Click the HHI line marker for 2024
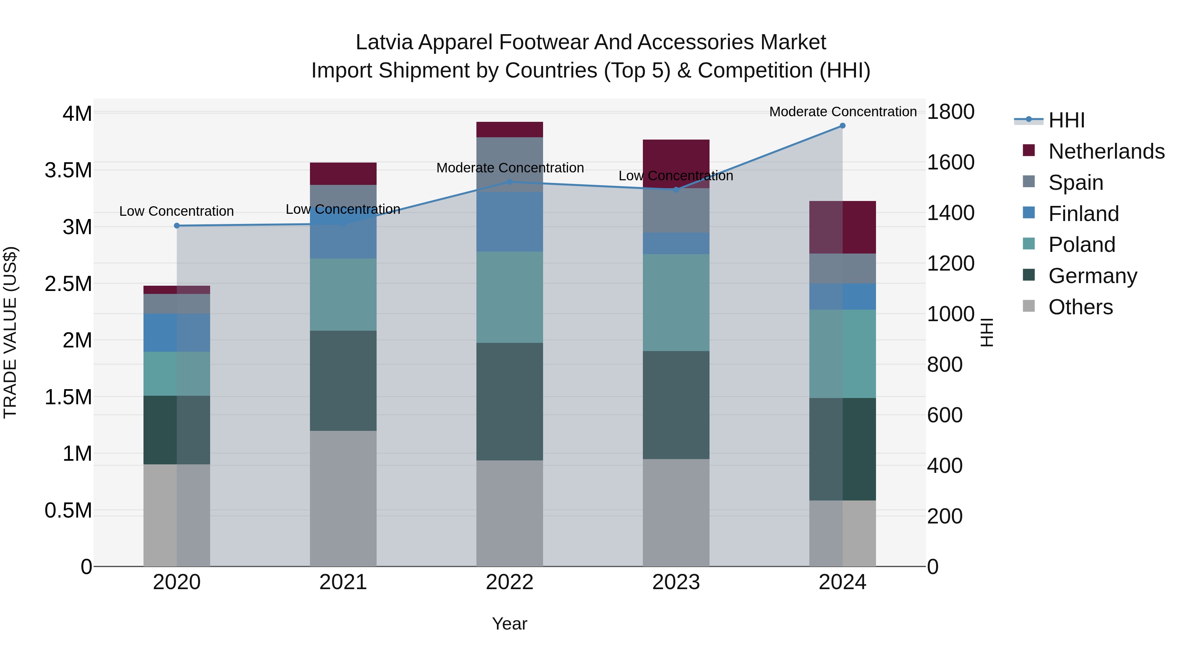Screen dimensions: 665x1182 click(x=843, y=126)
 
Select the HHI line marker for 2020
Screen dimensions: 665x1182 click(x=177, y=226)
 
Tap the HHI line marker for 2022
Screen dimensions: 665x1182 click(x=509, y=182)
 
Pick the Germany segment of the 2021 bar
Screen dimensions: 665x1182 click(x=343, y=381)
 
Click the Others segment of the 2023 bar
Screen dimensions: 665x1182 click(x=676, y=513)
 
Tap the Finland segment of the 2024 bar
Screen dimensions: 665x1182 click(x=843, y=297)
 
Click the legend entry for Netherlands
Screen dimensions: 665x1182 click(x=1106, y=151)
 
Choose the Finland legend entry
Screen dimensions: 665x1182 click(x=1083, y=214)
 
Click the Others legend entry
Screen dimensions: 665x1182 click(x=1080, y=307)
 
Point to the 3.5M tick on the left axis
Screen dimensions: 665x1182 click(x=68, y=170)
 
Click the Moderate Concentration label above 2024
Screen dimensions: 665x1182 click(x=843, y=112)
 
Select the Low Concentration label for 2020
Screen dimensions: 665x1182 click(x=177, y=211)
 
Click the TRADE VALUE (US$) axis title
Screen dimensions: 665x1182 click(x=10, y=332)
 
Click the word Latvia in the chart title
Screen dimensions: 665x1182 click(x=384, y=42)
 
